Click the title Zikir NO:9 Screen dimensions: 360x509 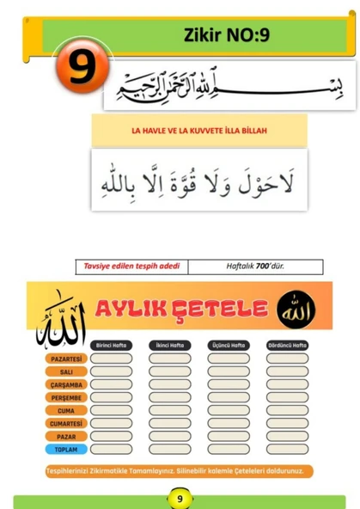(x=226, y=35)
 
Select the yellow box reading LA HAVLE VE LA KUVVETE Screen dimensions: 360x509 (x=199, y=130)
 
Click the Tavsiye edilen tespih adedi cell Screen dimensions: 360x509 (x=131, y=267)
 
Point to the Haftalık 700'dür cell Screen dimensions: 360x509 (x=254, y=267)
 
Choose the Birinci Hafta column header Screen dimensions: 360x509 (x=112, y=345)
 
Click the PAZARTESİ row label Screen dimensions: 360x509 (x=66, y=358)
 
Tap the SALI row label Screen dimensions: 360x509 (x=66, y=371)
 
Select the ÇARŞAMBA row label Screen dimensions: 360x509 (x=66, y=384)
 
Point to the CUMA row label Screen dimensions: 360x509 (x=66, y=410)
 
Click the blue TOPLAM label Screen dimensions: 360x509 (x=66, y=449)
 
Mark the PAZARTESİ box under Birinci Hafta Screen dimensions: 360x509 (x=112, y=358)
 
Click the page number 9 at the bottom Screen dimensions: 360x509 (x=180, y=498)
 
